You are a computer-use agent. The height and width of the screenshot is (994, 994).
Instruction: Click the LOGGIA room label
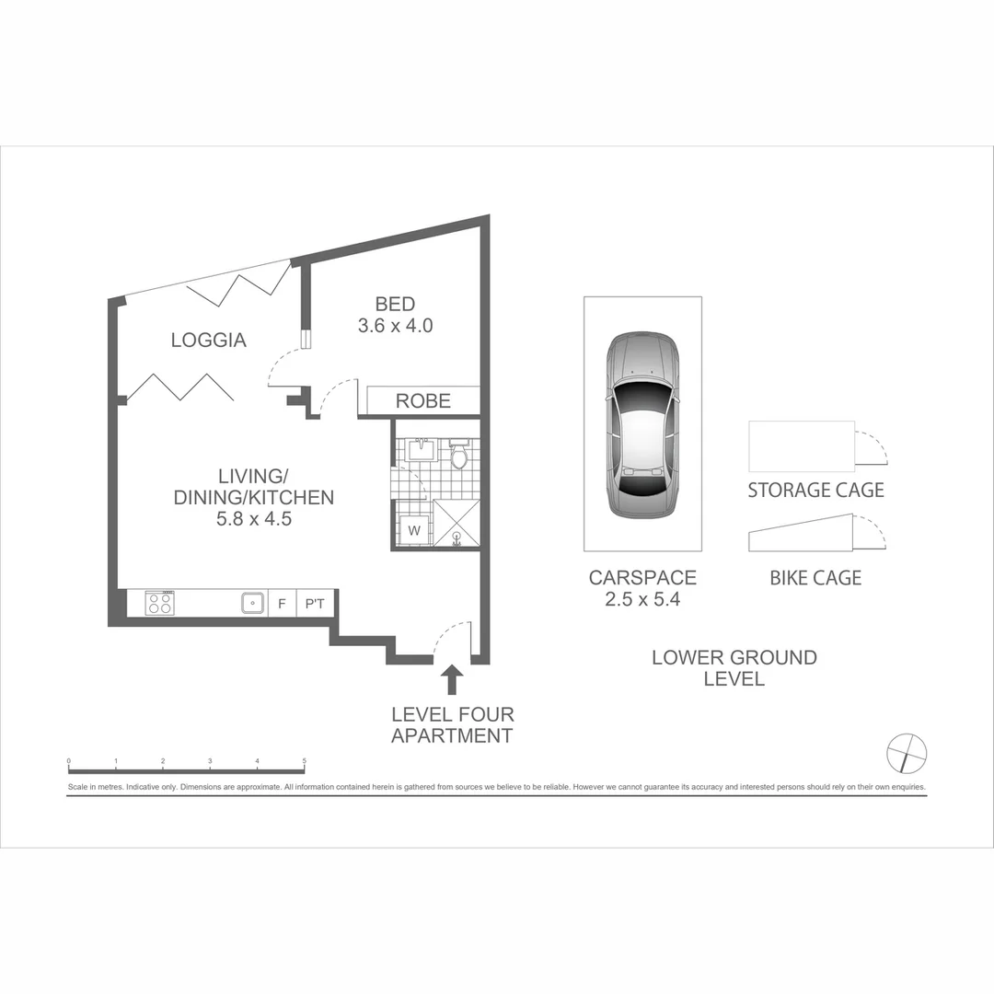pyautogui.click(x=209, y=340)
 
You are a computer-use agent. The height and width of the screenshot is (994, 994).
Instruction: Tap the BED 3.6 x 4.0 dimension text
pyautogui.click(x=395, y=325)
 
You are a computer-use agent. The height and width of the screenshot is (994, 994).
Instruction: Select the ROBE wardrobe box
pyautogui.click(x=422, y=401)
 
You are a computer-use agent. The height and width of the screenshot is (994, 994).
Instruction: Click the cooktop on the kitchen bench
pyautogui.click(x=160, y=604)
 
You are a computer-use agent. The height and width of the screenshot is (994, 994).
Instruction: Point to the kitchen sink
pyautogui.click(x=252, y=604)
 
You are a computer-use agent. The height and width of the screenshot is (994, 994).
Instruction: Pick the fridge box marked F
pyautogui.click(x=282, y=605)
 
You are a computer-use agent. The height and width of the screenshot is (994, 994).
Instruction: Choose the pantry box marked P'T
pyautogui.click(x=315, y=605)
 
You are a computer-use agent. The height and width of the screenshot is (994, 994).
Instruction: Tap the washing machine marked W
pyautogui.click(x=413, y=530)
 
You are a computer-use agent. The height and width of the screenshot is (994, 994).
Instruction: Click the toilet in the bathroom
pyautogui.click(x=459, y=455)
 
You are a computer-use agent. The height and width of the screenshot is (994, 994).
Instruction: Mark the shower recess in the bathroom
pyautogui.click(x=457, y=525)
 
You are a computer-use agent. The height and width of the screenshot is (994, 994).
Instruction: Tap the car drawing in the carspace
pyautogui.click(x=642, y=426)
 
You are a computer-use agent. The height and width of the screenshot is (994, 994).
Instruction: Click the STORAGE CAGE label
pyautogui.click(x=815, y=491)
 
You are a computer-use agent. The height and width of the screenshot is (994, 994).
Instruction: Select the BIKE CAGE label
pyautogui.click(x=815, y=578)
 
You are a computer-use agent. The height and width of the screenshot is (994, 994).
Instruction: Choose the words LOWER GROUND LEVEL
pyautogui.click(x=734, y=668)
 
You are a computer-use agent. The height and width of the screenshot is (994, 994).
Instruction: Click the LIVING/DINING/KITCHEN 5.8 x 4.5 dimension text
pyautogui.click(x=253, y=518)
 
